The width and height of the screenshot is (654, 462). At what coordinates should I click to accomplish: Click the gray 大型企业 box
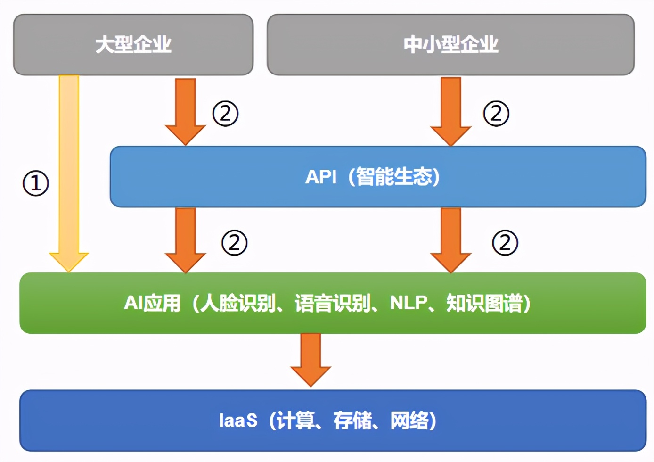(x=133, y=45)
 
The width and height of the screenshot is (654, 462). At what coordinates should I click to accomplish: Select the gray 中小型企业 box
(x=450, y=45)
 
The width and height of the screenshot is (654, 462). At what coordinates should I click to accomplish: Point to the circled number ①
(x=36, y=183)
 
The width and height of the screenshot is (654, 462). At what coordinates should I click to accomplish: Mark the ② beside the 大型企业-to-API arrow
(x=225, y=114)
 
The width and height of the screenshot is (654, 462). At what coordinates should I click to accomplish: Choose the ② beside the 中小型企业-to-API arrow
(x=496, y=114)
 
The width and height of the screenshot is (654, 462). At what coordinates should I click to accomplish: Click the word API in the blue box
(x=321, y=177)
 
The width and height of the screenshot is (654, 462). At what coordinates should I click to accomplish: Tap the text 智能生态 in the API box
(x=394, y=177)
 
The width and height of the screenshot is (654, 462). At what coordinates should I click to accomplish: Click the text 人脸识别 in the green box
(x=238, y=303)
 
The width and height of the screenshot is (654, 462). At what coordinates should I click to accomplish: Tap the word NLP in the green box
(x=409, y=303)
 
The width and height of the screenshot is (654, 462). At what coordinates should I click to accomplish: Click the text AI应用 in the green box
(x=152, y=303)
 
